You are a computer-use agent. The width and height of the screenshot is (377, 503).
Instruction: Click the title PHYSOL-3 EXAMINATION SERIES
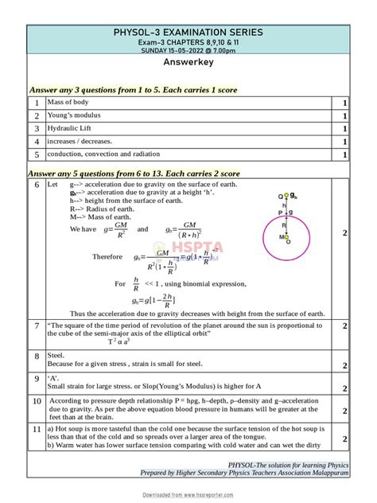(x=188, y=32)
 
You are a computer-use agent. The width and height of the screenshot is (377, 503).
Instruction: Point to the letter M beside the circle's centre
(x=281, y=237)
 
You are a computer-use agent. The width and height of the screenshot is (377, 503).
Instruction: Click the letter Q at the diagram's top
(x=280, y=196)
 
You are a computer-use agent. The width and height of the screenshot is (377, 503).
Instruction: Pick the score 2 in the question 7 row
(x=344, y=326)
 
